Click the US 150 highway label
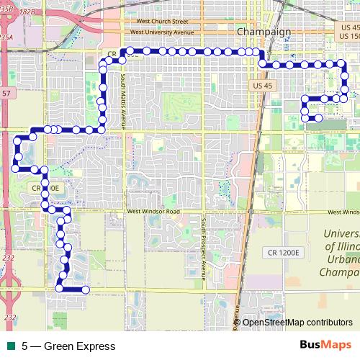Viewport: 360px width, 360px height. (x=348, y=36)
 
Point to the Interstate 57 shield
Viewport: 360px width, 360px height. (x=6, y=94)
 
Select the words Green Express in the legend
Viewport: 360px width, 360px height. (x=79, y=346)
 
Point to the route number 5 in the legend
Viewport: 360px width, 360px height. (x=25, y=346)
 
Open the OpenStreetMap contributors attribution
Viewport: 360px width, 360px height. (x=297, y=323)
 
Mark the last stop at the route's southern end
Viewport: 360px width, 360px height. (x=85, y=289)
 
